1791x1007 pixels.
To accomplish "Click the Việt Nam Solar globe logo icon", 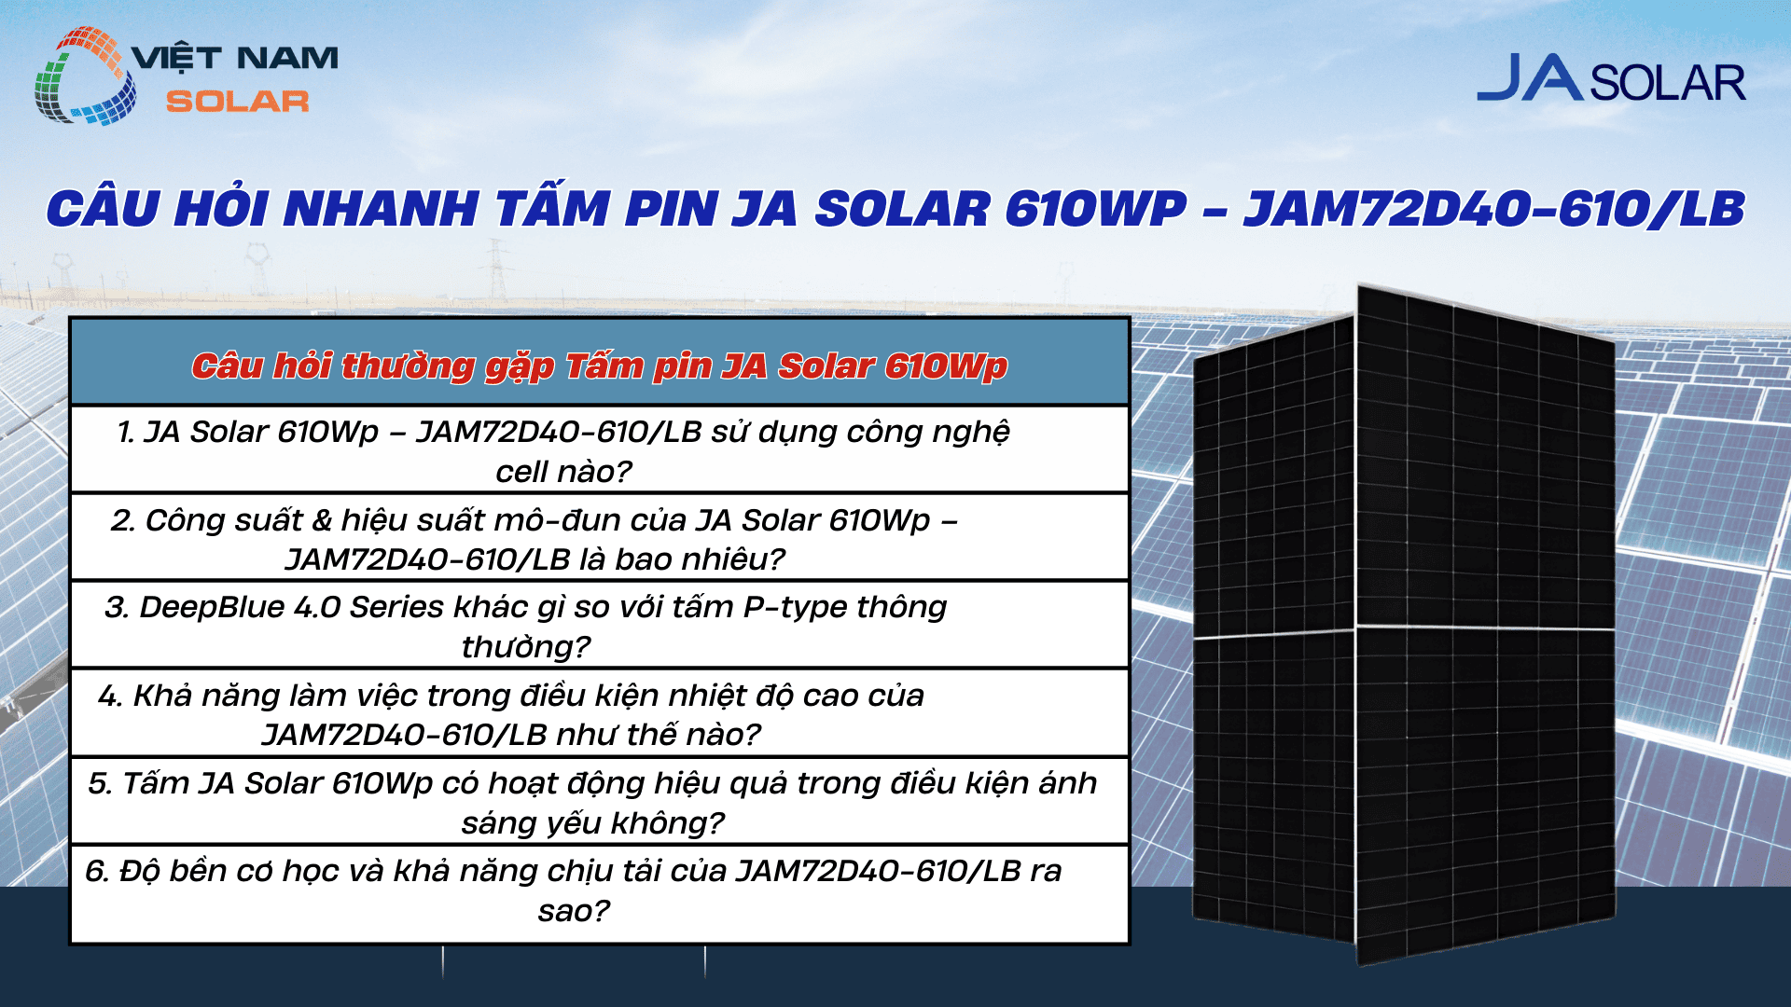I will (84, 76).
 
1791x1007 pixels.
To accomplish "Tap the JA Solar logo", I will (1611, 79).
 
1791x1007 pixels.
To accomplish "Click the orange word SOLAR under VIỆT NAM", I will (237, 102).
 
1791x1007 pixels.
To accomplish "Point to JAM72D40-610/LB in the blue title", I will (1493, 209).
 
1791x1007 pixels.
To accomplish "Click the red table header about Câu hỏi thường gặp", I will (599, 366).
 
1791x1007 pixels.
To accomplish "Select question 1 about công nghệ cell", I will (563, 451).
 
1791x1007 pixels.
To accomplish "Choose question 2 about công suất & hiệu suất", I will (535, 539).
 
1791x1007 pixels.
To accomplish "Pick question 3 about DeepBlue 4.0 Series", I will (526, 626).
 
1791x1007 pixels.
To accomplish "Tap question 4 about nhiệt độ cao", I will (511, 714).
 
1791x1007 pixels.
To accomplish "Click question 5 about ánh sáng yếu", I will (592, 802).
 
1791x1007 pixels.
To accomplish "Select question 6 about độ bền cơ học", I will (573, 890).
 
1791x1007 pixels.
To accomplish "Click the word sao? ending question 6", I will (573, 910).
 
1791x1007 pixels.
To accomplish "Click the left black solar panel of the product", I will (1274, 634).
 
